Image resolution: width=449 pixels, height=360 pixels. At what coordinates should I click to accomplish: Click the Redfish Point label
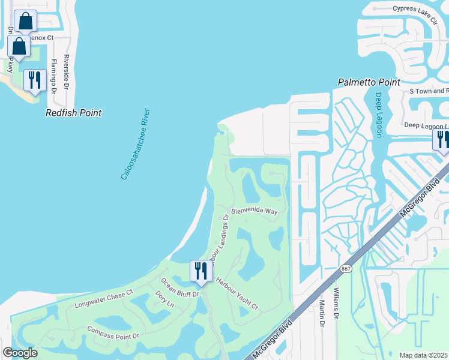click(74, 113)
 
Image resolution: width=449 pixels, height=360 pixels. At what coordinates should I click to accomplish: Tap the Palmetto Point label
click(369, 82)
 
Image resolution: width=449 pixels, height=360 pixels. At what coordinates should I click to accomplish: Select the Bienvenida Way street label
click(255, 211)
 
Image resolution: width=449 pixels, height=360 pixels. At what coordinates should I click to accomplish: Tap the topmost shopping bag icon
click(25, 21)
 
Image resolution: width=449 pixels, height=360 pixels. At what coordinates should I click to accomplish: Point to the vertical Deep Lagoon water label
click(379, 115)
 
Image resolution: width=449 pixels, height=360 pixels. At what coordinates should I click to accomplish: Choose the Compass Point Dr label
click(113, 332)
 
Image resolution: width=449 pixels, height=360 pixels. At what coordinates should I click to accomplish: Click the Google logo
click(19, 353)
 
